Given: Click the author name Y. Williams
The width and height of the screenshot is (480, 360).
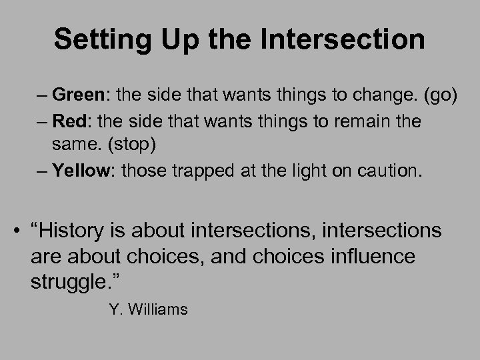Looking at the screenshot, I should [x=147, y=309].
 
